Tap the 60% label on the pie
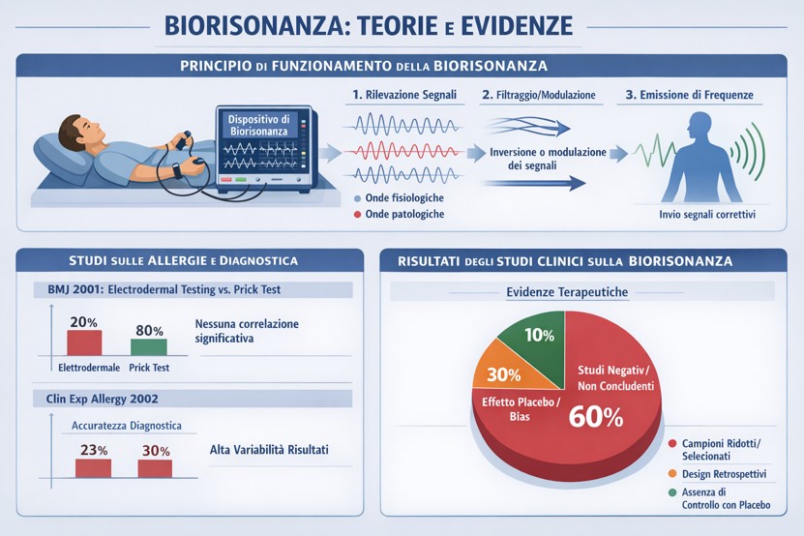(x=596, y=416)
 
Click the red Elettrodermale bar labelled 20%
(x=84, y=342)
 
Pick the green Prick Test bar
(x=149, y=346)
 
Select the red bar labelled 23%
(x=93, y=468)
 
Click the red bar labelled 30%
(x=155, y=468)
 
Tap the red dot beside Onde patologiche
(x=357, y=215)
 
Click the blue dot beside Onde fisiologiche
(x=357, y=198)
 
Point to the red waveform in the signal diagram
(x=404, y=151)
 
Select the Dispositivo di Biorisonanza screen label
(x=259, y=125)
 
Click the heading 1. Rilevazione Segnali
(x=404, y=95)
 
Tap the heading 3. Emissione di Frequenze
(x=689, y=95)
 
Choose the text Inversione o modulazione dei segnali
(x=548, y=159)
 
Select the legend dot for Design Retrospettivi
(x=672, y=474)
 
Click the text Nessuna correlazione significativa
(x=247, y=331)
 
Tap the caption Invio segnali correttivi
(x=707, y=215)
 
